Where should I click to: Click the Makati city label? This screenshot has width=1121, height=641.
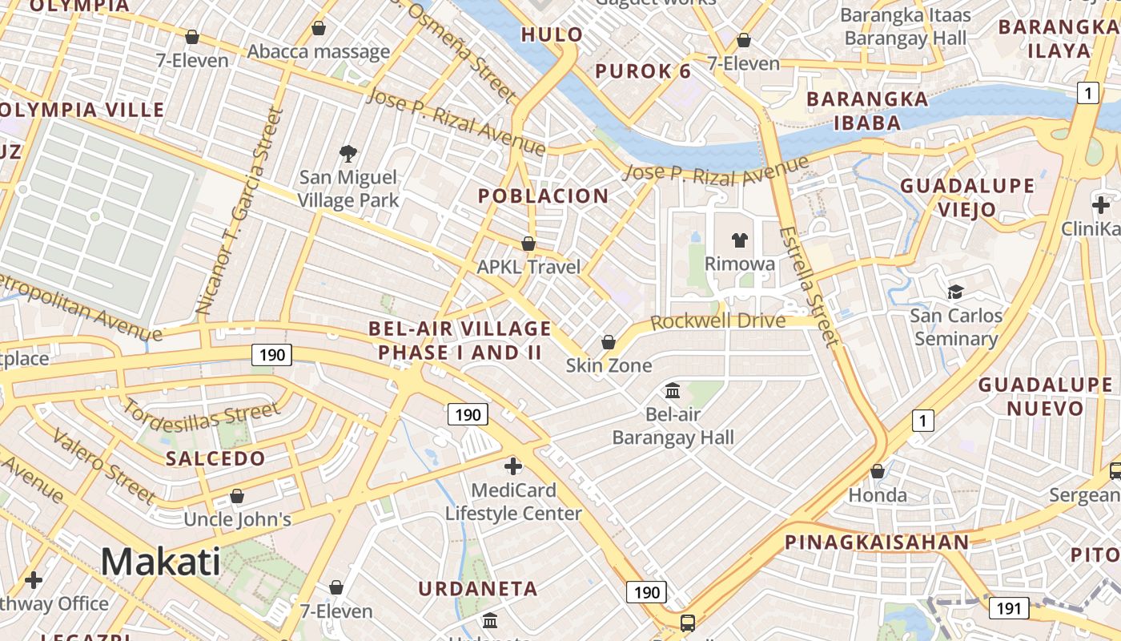tap(160, 562)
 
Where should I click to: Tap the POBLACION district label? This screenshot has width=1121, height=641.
tap(543, 196)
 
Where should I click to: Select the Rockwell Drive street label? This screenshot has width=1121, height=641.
tap(717, 321)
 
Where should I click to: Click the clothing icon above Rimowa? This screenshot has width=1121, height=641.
tap(739, 240)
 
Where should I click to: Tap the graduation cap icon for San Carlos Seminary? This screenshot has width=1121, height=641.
tap(955, 292)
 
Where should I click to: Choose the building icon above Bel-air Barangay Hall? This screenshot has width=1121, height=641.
tap(673, 391)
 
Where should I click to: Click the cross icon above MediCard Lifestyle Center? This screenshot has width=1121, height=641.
tap(513, 466)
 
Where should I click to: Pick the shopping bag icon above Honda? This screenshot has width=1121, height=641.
tap(878, 471)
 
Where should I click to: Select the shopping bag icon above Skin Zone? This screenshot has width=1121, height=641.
tap(609, 342)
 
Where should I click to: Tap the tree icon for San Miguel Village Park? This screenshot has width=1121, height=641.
tap(348, 153)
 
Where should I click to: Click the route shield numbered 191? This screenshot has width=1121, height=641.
tap(1009, 609)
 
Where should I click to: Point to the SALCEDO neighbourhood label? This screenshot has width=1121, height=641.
tap(215, 459)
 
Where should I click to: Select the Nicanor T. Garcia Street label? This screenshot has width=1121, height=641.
tap(240, 211)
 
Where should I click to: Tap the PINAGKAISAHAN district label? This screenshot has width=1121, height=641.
tap(877, 542)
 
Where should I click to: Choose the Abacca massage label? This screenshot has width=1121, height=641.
tap(319, 52)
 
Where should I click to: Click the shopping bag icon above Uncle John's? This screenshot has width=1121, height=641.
tap(236, 496)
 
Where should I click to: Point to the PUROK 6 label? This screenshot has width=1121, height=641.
tap(643, 71)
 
